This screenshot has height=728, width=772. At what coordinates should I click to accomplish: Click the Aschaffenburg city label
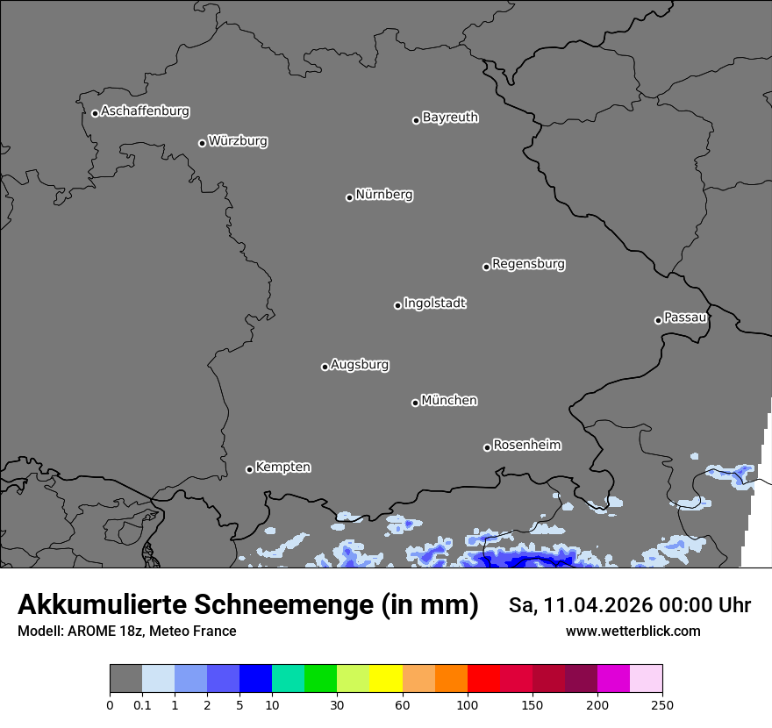145,111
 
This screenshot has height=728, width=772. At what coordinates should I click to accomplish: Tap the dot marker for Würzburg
202,143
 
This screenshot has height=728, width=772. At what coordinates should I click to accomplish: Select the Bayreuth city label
450,118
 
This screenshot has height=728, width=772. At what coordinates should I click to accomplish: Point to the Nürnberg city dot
349,197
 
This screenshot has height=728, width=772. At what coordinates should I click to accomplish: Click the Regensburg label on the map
528,264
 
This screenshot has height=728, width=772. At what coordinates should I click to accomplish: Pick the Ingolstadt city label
434,303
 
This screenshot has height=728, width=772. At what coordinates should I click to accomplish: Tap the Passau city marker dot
658,320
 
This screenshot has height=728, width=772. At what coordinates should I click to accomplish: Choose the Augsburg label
360,365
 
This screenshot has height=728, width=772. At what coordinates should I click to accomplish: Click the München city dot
415,403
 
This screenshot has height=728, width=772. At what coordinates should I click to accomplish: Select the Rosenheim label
526,445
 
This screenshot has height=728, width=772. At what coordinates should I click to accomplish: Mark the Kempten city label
282,467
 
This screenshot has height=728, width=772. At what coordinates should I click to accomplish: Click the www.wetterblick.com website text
633,632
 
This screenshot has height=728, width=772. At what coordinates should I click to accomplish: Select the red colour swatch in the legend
483,679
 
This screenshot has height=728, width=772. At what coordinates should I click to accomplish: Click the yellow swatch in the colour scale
386,679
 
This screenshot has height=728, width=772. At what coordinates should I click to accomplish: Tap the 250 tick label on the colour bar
662,705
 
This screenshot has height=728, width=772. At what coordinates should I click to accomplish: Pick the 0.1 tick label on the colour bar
142,705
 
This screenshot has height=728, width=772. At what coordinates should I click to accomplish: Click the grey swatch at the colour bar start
125,679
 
